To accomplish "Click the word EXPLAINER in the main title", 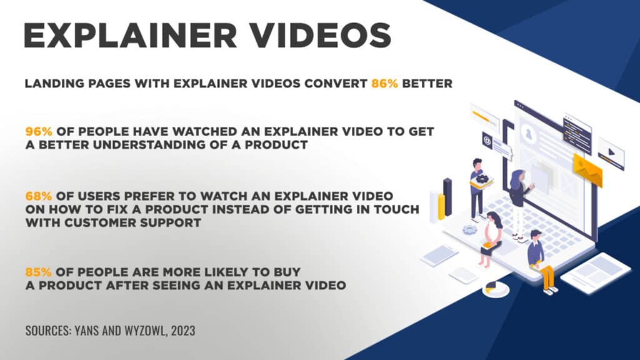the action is click(x=130, y=36).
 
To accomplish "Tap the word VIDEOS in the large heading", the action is click(x=321, y=36).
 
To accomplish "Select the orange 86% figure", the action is click(x=384, y=84).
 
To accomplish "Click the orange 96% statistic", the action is click(x=39, y=131).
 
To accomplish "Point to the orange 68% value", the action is click(x=38, y=196).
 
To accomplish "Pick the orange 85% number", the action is click(x=38, y=272).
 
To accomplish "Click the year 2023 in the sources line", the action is click(x=183, y=330).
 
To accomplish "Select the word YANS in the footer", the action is click(x=86, y=330).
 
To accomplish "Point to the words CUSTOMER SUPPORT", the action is click(x=132, y=223).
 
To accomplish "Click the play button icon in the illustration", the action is click(x=611, y=152).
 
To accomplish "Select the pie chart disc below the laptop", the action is click(x=496, y=289).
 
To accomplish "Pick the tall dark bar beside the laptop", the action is click(x=447, y=197).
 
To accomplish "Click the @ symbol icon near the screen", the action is click(x=487, y=141).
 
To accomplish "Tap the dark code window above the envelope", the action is click(x=577, y=134).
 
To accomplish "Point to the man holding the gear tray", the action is click(x=478, y=189).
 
